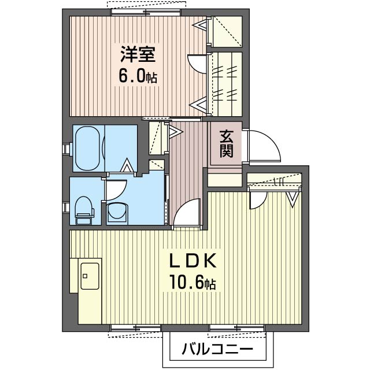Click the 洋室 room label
pos(138,54)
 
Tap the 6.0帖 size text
pos(138,76)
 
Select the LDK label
pos(193,260)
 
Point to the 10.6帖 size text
pos(191,282)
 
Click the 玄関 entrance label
pos(227,143)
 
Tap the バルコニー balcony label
pos(217,349)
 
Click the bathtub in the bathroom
pos(87,148)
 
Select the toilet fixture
pos(84,210)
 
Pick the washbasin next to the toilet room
pos(117,213)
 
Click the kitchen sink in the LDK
pos(90,276)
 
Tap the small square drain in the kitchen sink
pos(85,276)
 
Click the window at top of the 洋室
pos(146,12)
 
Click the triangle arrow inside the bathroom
pos(127,165)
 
